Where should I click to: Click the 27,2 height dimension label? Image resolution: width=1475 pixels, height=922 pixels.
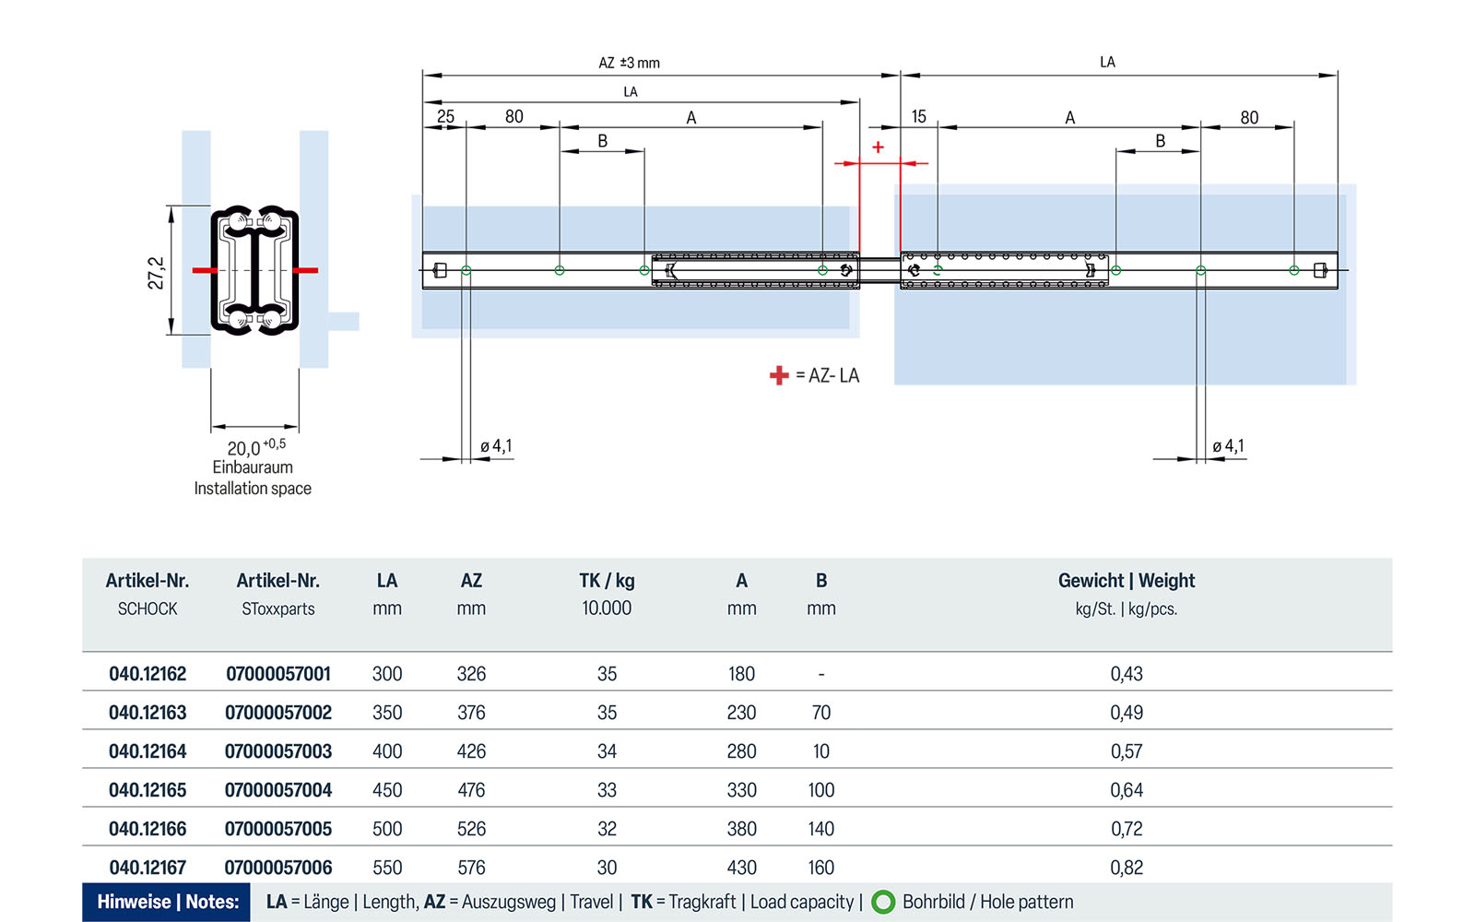coord(156,273)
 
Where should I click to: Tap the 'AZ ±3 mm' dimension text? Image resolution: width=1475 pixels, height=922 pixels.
coord(629,63)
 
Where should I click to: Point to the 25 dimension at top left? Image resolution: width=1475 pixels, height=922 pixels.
coord(445,116)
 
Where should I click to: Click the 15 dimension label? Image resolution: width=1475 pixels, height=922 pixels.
coord(918,116)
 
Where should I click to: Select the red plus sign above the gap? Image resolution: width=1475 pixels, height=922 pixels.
coord(878,148)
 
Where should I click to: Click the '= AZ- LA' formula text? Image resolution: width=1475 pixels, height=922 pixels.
coord(827,375)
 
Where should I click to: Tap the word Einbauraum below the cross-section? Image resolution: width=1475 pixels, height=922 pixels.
coord(253,467)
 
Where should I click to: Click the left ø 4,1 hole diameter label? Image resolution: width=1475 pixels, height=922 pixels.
coord(496,446)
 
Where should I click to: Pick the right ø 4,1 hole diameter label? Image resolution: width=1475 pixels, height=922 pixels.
coord(1228,446)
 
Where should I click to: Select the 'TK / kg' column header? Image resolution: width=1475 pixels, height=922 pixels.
coord(607,581)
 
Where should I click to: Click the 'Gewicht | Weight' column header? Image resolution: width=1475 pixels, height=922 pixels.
coord(1126,581)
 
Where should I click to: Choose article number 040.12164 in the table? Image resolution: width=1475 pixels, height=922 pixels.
coord(147,751)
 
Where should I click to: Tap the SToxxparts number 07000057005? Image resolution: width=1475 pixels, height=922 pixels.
coord(278,829)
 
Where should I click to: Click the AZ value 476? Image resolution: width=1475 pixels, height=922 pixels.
coord(471,790)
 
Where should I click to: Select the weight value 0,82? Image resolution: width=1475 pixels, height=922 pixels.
coord(1126,868)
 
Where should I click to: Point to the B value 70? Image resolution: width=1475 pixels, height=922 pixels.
coord(820,713)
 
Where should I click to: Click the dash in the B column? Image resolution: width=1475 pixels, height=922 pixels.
coord(820,675)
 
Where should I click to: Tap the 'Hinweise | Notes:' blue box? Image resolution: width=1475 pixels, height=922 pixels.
coord(167,902)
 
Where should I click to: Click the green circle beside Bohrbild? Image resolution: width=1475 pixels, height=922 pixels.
coord(883,902)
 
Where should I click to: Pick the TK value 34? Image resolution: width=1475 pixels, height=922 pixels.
coord(607,751)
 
